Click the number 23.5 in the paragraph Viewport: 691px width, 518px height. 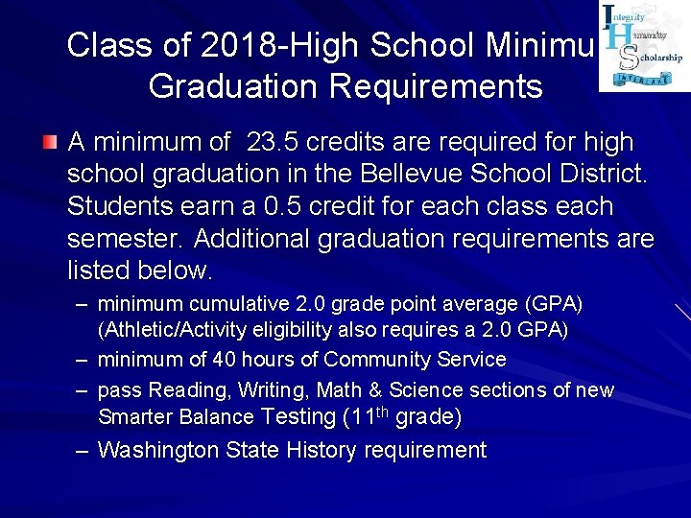point(272,143)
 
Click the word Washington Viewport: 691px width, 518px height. point(158,450)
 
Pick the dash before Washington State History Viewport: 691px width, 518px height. point(84,450)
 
